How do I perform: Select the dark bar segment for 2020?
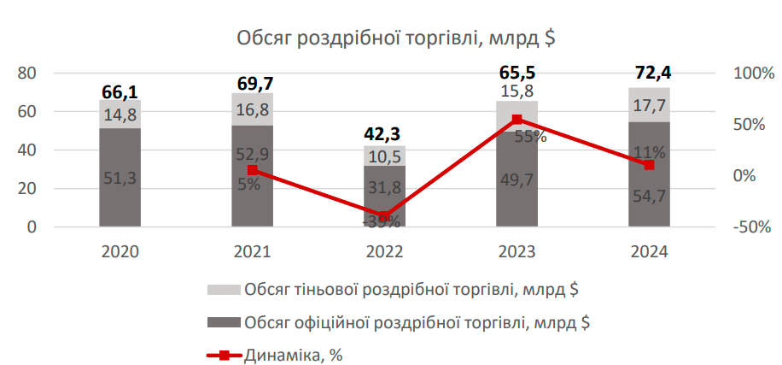[x=120, y=177]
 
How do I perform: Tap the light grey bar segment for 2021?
[x=253, y=109]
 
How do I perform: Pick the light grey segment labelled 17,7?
[x=650, y=104]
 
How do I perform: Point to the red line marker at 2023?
[x=517, y=120]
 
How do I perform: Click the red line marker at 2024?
[x=650, y=164]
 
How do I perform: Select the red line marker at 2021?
[x=253, y=171]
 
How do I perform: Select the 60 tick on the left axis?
[x=27, y=112]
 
